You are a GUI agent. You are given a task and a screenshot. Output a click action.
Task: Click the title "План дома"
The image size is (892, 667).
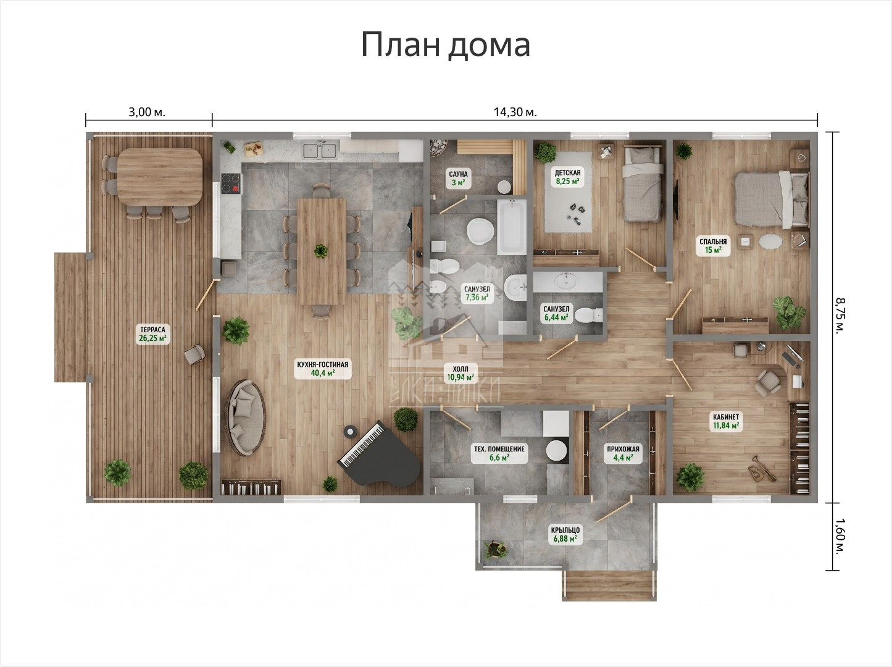446,45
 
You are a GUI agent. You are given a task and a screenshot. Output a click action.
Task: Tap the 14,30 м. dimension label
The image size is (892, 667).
515,112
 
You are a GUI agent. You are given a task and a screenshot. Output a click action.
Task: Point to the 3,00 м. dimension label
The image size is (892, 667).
147,112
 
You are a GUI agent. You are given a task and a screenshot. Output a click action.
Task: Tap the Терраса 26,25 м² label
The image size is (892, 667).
153,333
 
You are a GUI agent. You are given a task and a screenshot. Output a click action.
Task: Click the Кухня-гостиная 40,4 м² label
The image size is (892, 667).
323,369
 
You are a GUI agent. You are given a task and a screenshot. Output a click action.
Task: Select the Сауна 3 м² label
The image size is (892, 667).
459,178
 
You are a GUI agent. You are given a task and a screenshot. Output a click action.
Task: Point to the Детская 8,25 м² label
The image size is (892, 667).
567,177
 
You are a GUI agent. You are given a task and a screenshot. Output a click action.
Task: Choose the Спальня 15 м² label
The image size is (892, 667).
713,246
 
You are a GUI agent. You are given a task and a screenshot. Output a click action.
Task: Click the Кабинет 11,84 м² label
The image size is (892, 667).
726,421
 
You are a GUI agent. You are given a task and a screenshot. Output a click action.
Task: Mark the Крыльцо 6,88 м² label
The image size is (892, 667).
565,534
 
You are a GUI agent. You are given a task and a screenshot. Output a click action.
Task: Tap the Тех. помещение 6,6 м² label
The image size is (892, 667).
499,453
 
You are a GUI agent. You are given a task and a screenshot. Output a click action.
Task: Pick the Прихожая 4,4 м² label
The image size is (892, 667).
623,453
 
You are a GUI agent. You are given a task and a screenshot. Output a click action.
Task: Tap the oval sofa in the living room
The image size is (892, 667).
246,417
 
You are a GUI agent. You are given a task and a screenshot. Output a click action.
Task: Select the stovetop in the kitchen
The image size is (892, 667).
231,183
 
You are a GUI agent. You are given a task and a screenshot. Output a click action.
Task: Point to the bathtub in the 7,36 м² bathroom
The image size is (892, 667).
512,227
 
